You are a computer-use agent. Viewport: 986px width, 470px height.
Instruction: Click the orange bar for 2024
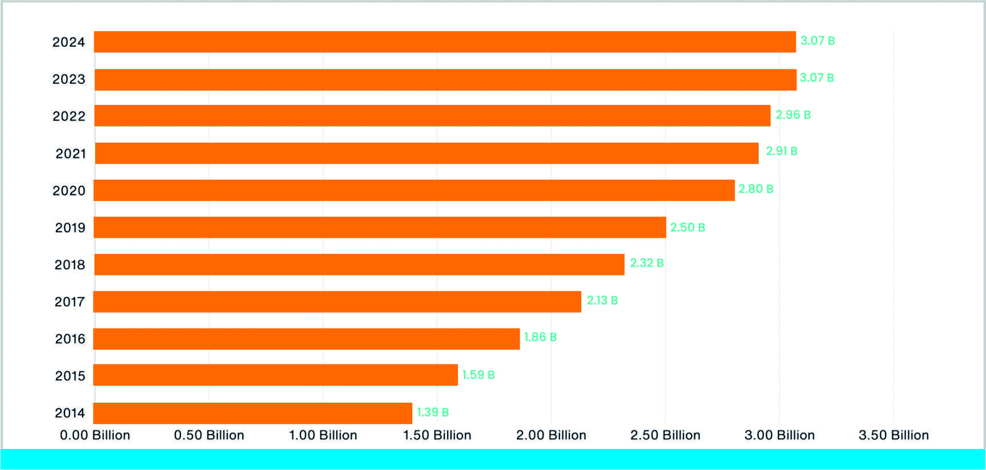pyautogui.click(x=444, y=42)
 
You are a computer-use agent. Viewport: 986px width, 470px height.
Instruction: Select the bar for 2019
pyautogui.click(x=380, y=227)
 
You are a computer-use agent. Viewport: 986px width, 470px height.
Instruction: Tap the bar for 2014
pyautogui.click(x=252, y=413)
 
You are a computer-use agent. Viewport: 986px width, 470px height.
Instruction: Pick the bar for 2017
pyautogui.click(x=337, y=302)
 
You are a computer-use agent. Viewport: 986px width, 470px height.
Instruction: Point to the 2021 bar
pyautogui.click(x=426, y=153)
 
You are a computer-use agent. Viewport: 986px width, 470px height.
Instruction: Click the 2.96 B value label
pyautogui.click(x=793, y=115)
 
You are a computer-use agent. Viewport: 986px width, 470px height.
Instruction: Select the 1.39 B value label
pyautogui.click(x=433, y=412)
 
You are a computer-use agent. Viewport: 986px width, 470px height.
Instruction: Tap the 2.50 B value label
pyautogui.click(x=687, y=227)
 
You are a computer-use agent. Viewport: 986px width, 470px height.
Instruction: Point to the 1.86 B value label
pyautogui.click(x=540, y=337)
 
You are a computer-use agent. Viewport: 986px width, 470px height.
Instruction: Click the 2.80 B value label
pyautogui.click(x=755, y=189)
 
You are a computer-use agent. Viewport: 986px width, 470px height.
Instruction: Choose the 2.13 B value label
pyautogui.click(x=602, y=300)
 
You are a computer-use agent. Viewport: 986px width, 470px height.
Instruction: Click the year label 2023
pyautogui.click(x=69, y=79)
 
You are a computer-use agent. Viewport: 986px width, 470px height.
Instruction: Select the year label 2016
pyautogui.click(x=70, y=339)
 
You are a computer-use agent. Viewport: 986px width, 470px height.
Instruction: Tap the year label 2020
pyautogui.click(x=69, y=191)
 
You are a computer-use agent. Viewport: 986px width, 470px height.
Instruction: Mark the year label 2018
pyautogui.click(x=70, y=265)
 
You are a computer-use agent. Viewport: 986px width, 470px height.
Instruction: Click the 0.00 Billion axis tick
pyautogui.click(x=95, y=435)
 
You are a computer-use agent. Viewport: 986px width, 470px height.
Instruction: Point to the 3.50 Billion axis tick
pyautogui.click(x=894, y=435)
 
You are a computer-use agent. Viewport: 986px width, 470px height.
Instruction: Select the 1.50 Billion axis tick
pyautogui.click(x=437, y=435)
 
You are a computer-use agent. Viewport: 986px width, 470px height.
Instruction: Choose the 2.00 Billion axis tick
pyautogui.click(x=551, y=435)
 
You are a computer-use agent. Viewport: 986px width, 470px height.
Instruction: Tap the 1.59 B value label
pyautogui.click(x=478, y=375)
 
